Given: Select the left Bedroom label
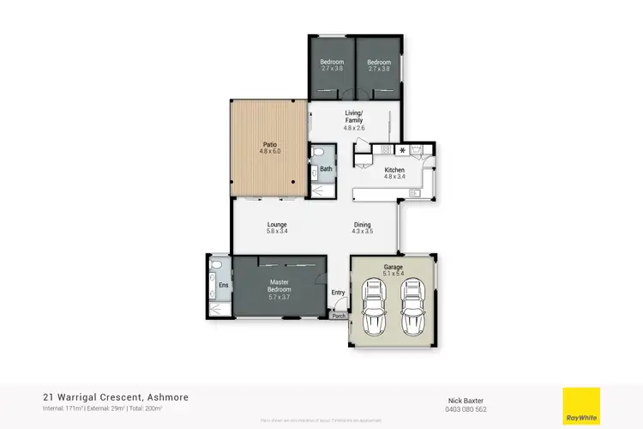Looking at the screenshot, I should click(332, 63).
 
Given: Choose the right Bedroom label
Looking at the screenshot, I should click(379, 63).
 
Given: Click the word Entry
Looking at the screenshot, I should click(339, 293).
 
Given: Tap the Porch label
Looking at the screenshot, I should click(340, 316).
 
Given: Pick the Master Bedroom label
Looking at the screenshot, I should click(279, 283).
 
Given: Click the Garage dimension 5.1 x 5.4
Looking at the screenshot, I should click(394, 274).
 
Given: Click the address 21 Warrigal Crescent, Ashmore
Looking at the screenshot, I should click(116, 397).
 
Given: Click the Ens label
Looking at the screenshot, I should click(223, 285).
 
